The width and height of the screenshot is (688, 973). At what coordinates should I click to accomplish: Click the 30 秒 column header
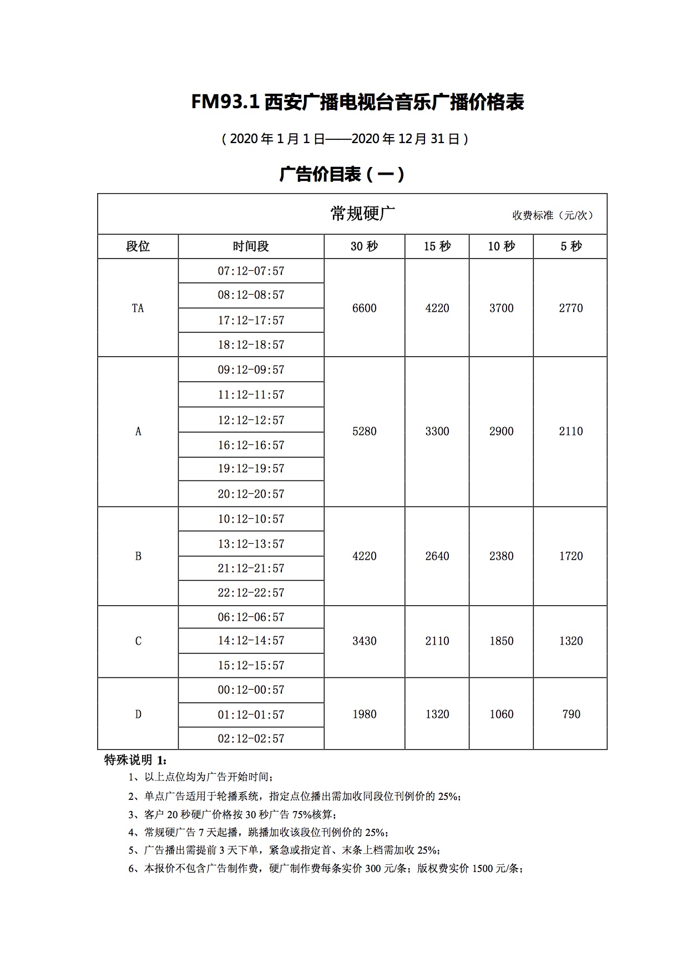(x=364, y=246)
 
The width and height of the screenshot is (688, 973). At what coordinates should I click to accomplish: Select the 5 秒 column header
(x=570, y=246)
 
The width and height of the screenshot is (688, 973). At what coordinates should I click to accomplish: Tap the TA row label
(x=138, y=308)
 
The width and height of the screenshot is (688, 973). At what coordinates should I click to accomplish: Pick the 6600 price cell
(x=364, y=308)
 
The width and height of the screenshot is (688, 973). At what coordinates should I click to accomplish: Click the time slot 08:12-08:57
(x=251, y=295)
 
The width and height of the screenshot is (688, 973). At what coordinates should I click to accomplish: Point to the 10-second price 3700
(x=501, y=308)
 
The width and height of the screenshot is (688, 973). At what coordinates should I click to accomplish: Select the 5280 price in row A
(x=364, y=431)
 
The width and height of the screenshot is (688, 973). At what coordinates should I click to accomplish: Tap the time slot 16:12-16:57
(x=251, y=445)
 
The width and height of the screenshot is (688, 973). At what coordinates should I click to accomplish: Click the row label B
(x=138, y=556)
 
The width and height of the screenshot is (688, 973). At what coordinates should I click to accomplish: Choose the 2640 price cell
(x=437, y=556)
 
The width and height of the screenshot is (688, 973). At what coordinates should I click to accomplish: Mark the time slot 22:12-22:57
(x=251, y=592)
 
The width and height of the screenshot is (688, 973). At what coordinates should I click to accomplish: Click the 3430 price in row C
(x=364, y=641)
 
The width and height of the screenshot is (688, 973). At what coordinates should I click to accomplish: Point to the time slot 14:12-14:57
(x=251, y=640)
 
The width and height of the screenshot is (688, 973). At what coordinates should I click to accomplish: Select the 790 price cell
(x=570, y=714)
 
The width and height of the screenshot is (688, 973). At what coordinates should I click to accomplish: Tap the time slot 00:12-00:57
(x=251, y=690)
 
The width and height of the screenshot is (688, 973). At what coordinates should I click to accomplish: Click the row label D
(x=138, y=714)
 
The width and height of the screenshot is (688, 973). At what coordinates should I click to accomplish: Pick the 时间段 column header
(x=251, y=246)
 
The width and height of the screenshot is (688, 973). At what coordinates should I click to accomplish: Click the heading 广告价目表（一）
(x=342, y=174)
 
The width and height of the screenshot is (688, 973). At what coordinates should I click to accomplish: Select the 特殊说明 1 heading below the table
(x=135, y=759)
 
